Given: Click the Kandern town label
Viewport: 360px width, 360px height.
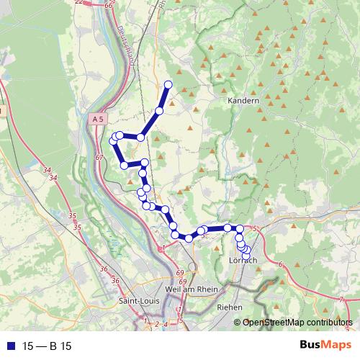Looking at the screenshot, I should pos(243,102).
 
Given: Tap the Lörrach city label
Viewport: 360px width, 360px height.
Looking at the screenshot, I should pos(242,260).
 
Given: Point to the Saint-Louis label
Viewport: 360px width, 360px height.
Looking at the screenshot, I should pos(139,300).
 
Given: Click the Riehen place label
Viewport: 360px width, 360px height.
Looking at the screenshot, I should pos(230,307).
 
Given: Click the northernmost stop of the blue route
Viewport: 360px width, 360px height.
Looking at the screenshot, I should pos(168,85).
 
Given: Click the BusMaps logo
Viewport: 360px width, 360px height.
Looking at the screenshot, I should pos(325,346).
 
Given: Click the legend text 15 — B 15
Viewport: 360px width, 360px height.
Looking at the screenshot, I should pos(48,346).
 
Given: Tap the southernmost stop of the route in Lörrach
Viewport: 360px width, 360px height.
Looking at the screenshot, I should pos(246,256).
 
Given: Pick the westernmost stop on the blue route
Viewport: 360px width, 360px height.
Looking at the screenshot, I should pos(112,141).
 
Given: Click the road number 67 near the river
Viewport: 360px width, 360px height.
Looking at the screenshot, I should pos(99,156).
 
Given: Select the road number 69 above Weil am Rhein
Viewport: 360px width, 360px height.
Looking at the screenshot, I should pos(180,274).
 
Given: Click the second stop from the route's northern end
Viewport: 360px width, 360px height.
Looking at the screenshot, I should pos(159,111).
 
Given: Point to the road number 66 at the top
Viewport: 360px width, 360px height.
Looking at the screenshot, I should pos(109,5).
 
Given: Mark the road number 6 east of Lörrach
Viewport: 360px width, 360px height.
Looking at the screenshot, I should pos(279,265).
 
